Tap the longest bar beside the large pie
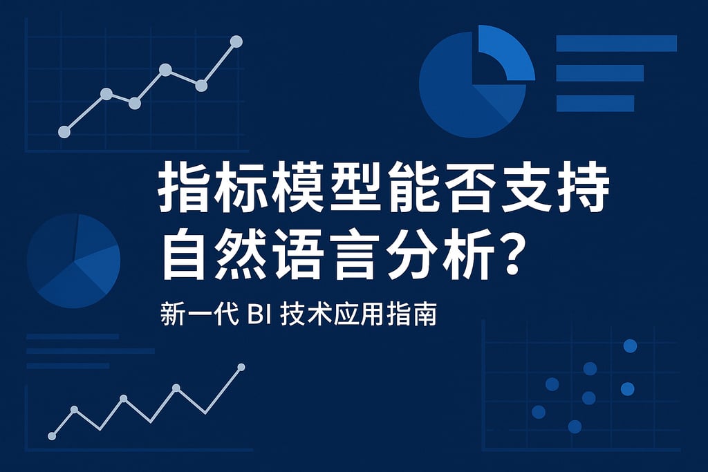click(x=616, y=43)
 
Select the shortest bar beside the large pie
click(x=595, y=103)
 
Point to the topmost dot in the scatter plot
click(x=630, y=346)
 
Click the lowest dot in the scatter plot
click(x=575, y=426)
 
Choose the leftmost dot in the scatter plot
click(x=539, y=412)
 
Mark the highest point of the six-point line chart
click(x=236, y=41)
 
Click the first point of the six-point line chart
click(x=64, y=132)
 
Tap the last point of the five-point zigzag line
click(x=241, y=367)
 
